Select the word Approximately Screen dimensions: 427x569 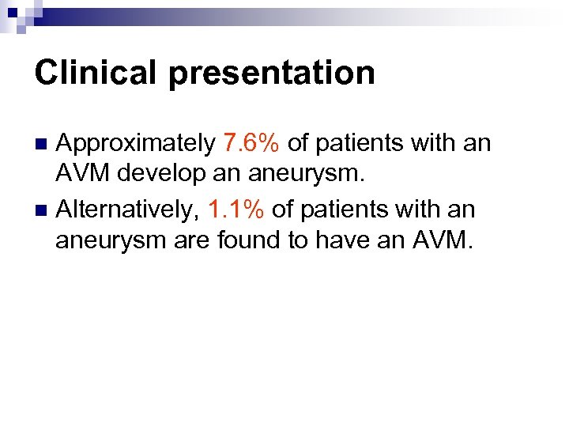pos(137,143)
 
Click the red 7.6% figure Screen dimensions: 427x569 pos(251,143)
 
